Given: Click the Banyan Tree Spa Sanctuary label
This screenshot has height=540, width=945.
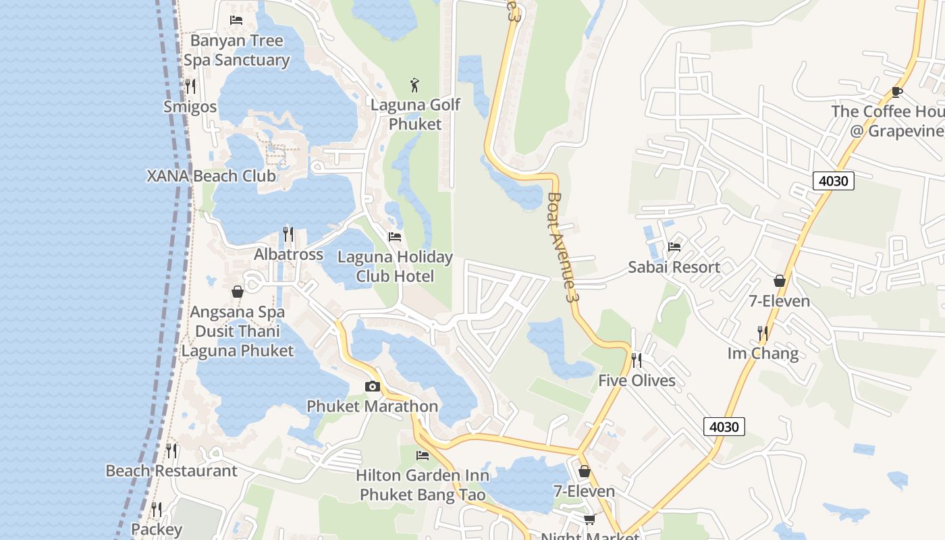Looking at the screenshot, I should click(236, 51).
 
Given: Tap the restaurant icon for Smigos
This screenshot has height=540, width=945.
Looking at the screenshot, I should click(190, 86).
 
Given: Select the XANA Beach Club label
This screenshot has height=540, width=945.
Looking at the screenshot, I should click(211, 176).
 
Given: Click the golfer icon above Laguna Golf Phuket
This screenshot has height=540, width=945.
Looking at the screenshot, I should click(415, 85).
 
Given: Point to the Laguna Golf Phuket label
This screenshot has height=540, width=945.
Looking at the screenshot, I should click(415, 114).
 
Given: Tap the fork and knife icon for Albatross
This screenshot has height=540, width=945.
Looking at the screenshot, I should click(288, 234).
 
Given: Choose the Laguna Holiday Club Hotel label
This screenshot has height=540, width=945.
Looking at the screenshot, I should click(395, 267).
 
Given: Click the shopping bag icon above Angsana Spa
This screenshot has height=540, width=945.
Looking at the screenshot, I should click(238, 292).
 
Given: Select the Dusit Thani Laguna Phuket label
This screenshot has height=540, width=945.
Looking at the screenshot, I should click(237, 341).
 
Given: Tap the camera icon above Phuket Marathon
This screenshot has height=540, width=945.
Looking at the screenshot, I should click(372, 387).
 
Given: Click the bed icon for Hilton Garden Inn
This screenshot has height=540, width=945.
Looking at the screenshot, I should click(423, 456).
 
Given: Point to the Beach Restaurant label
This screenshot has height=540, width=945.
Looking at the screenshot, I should click(171, 471).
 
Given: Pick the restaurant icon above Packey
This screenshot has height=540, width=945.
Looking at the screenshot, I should click(157, 509).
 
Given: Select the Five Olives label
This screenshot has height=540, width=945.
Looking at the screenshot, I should click(637, 381).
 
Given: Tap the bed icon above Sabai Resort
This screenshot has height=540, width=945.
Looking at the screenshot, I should click(674, 247).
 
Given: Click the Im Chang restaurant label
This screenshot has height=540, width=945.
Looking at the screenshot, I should click(763, 354).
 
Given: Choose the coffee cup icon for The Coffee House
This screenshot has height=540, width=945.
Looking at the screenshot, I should click(896, 92).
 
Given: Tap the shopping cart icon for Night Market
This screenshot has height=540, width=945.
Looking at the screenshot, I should click(589, 519).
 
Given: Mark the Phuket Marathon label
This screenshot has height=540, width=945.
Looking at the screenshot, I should click(373, 406).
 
